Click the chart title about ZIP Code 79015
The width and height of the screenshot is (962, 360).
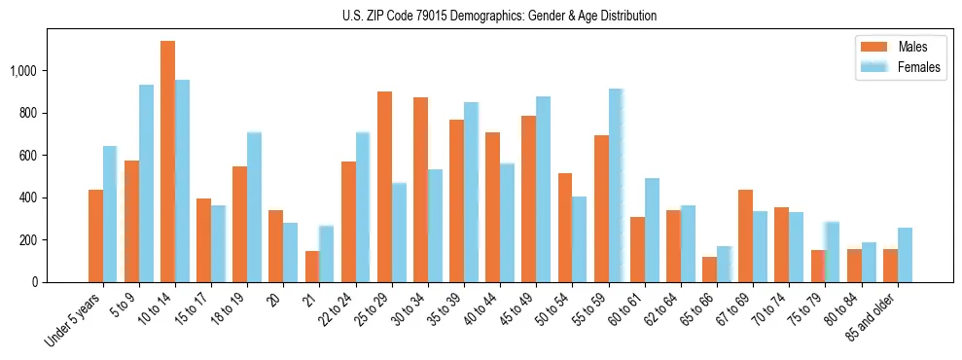[499, 16]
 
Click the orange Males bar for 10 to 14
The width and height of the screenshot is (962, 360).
[167, 162]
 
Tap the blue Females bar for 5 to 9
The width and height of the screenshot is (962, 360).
[146, 184]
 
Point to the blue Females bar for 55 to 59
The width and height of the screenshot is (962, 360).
[616, 186]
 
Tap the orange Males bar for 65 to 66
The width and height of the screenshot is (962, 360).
[709, 270]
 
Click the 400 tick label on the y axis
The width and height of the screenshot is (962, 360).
[27, 198]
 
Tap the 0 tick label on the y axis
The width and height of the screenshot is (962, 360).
[34, 282]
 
